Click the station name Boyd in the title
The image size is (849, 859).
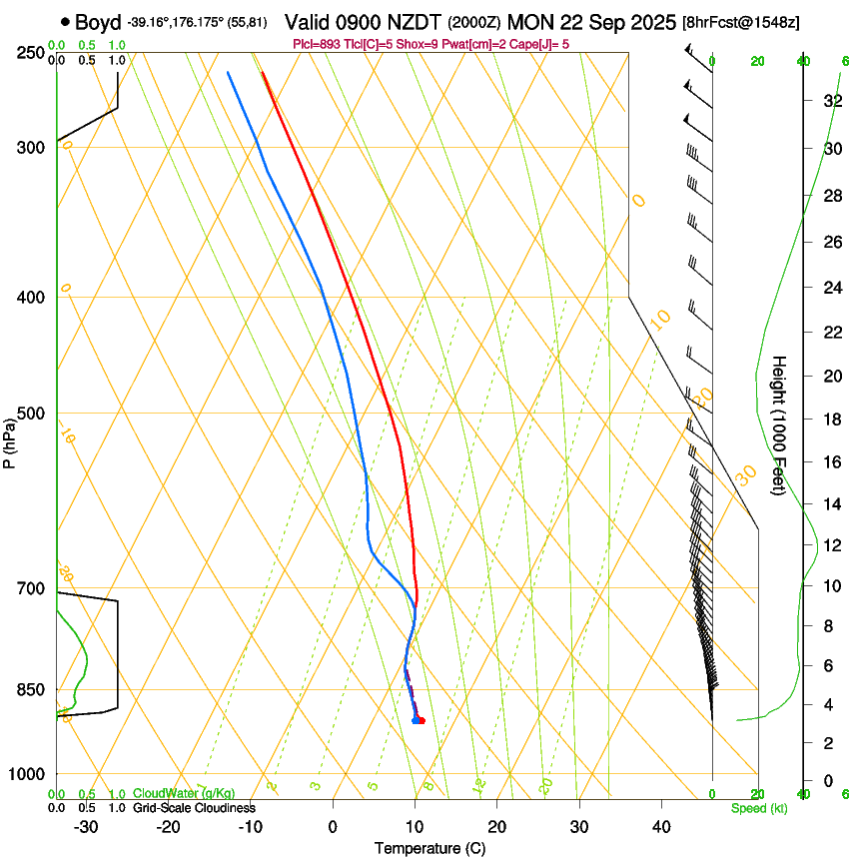97,21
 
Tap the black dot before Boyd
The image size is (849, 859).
65,21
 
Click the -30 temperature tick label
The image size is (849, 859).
86,827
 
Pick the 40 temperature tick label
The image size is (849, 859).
660,827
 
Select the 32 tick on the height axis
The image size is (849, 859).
831,101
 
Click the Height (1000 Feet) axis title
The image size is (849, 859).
779,426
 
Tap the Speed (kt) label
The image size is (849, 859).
758,808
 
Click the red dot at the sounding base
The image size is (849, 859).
422,720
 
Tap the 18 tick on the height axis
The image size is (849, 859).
831,419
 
